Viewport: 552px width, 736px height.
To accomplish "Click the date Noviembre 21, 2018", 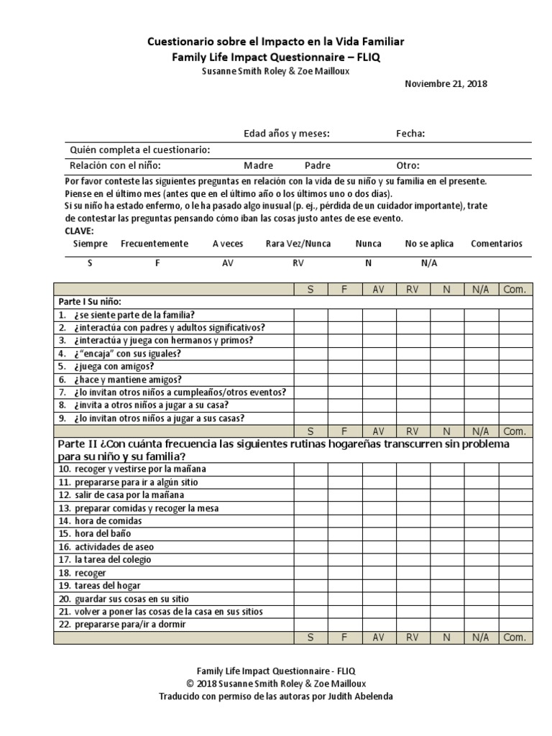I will coord(446,83).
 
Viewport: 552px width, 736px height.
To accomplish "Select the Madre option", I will coord(258,165).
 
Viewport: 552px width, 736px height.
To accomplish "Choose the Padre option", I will coord(318,165).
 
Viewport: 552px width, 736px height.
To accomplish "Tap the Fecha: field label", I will coord(410,133).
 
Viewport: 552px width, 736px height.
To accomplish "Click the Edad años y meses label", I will coord(287,133).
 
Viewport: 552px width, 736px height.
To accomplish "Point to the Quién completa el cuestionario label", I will coord(139,149).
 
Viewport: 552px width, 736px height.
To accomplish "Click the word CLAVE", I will coord(79,231).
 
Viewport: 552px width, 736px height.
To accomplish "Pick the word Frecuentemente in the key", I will coord(155,244).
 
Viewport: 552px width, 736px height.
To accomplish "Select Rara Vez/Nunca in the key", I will coord(298,244).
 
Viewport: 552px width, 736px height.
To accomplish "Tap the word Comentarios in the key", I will coord(497,244).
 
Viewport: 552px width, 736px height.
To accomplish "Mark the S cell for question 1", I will coord(310,315).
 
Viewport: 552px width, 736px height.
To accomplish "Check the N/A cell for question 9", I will coord(481,418).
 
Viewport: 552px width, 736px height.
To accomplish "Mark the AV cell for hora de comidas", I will coord(379,521).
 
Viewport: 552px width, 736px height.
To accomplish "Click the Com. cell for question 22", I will coord(515,625).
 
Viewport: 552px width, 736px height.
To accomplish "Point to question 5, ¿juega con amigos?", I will coord(106,367).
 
